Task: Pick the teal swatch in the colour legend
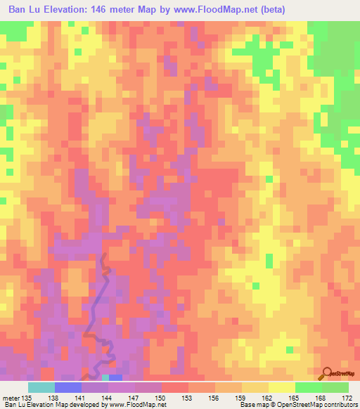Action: [41, 387]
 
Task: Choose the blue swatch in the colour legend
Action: [67, 387]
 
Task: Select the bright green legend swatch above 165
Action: [308, 387]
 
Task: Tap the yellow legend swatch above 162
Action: [281, 387]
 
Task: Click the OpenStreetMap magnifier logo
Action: [327, 373]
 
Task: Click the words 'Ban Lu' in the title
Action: [20, 11]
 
